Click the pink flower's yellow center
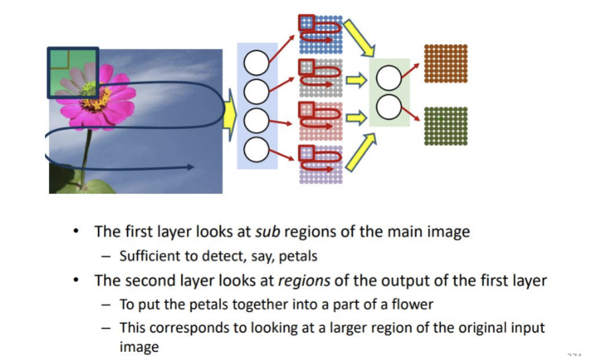click(94, 98)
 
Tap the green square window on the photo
click(73, 73)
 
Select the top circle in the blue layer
click(256, 63)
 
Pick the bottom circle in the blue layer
click(256, 149)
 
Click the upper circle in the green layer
click(388, 78)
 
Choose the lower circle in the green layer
click(388, 107)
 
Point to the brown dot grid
click(446, 63)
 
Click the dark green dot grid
click(446, 126)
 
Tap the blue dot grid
click(321, 34)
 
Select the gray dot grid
click(321, 78)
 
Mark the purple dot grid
click(321, 164)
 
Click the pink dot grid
click(321, 121)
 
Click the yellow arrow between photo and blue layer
click(230, 115)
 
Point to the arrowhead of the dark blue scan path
click(190, 167)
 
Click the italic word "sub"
click(267, 232)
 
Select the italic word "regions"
click(304, 280)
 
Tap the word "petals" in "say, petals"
click(298, 256)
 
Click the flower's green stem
click(87, 157)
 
